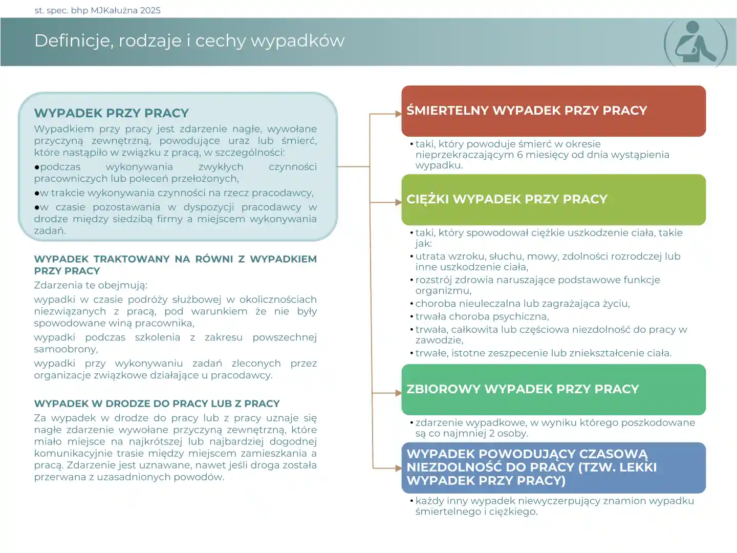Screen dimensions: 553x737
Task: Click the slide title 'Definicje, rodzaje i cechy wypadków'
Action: (189, 40)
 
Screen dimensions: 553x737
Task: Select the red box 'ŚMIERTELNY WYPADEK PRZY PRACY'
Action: (553, 111)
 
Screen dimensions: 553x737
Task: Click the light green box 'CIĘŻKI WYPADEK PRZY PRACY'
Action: (553, 200)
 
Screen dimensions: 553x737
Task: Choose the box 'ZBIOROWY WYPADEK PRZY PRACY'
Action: (553, 390)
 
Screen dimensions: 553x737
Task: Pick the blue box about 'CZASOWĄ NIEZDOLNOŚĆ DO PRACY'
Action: (553, 467)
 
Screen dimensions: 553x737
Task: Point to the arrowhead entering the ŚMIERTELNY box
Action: (398, 114)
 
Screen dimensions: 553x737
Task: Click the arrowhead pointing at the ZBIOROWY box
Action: (398, 393)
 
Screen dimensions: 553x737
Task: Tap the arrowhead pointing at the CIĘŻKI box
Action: (398, 202)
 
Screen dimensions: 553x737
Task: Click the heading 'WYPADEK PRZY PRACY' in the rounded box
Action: (112, 113)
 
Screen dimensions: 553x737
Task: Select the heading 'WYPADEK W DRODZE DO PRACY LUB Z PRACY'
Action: (157, 403)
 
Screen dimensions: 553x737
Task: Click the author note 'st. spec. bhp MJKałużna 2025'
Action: (97, 10)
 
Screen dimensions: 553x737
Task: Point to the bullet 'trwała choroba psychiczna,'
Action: (482, 316)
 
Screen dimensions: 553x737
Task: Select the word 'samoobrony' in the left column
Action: (65, 349)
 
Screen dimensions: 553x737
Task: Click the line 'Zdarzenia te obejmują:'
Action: (91, 285)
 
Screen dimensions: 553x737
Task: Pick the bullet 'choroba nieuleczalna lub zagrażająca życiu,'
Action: (522, 304)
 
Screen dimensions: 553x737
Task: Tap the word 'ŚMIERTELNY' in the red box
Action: (447, 111)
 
